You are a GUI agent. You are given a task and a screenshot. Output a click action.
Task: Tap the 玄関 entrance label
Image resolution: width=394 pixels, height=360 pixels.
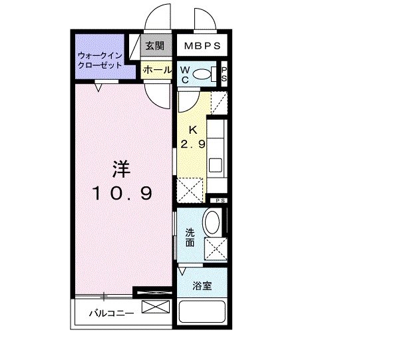(155, 48)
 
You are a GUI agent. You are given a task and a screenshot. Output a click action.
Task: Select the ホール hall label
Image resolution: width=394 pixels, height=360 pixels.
(156, 69)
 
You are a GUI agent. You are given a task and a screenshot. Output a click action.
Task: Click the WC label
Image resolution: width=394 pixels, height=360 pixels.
(185, 74)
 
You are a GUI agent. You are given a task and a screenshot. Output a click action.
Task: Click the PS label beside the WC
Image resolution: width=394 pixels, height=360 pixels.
(224, 75)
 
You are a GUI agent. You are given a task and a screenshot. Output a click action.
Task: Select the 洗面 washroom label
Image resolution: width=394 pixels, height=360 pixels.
(190, 238)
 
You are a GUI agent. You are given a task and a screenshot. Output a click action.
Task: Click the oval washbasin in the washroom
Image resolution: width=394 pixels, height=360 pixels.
(213, 221)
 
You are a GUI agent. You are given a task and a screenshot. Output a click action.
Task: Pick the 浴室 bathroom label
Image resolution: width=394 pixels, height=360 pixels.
(202, 286)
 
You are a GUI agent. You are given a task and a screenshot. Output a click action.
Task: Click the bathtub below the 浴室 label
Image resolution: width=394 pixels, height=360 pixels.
(202, 313)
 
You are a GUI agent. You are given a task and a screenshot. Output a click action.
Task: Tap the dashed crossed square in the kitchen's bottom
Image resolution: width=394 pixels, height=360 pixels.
(190, 190)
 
